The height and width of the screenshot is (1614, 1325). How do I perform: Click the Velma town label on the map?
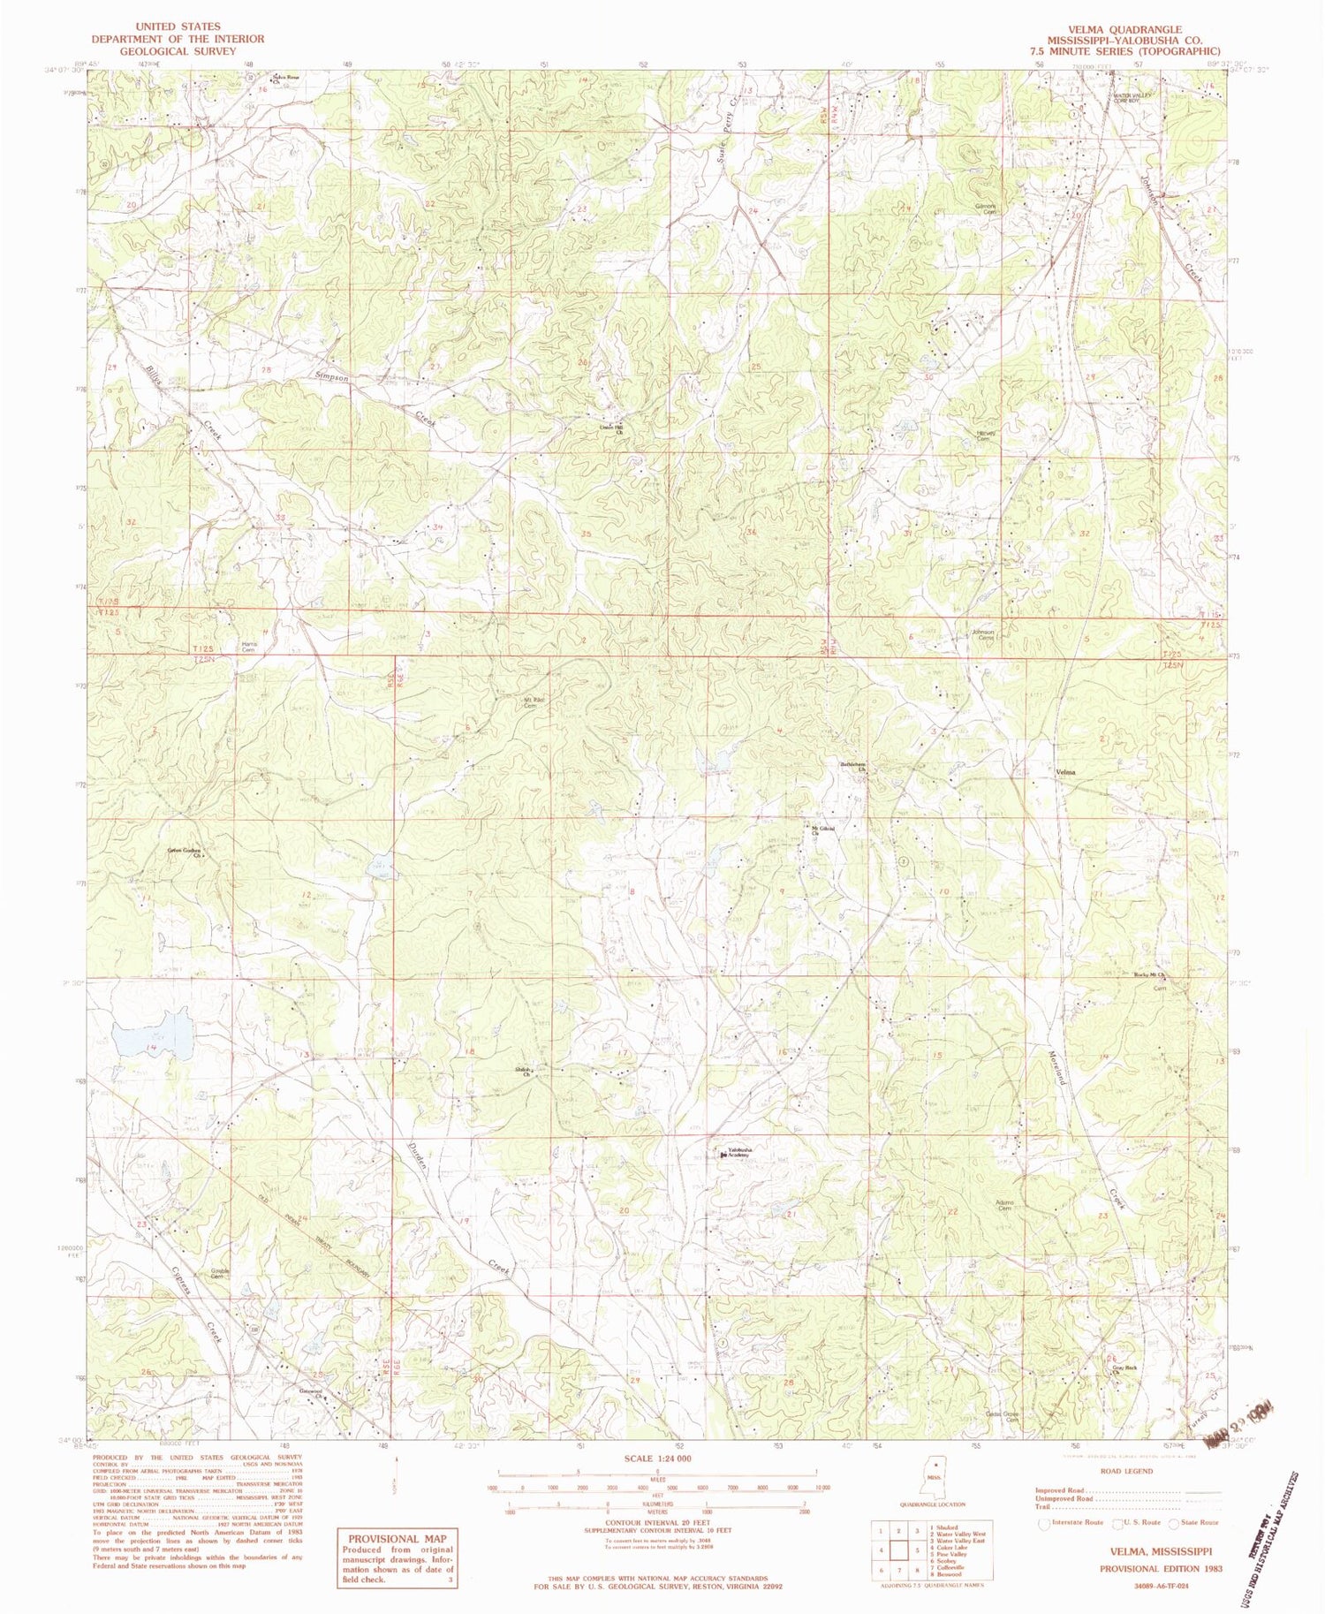coord(1065,771)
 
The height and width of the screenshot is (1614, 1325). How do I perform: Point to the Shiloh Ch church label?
coord(526,1072)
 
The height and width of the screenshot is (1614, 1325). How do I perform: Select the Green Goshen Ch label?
coord(185,852)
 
